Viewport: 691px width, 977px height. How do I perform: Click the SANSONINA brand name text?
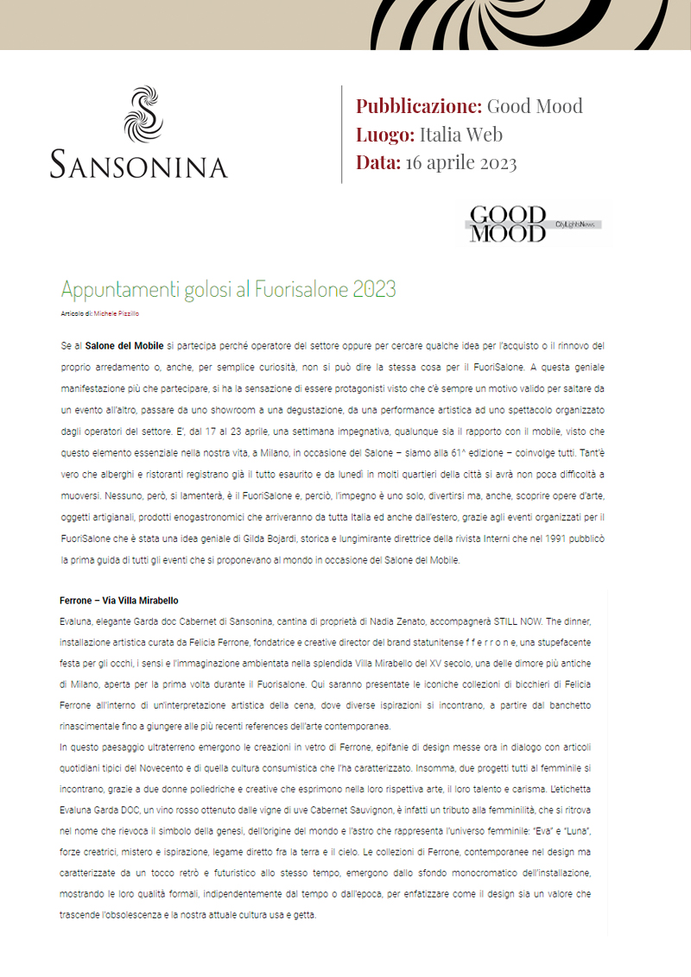pos(138,163)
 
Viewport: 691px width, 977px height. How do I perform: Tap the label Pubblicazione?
pos(419,106)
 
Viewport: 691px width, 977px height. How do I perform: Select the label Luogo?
pos(385,135)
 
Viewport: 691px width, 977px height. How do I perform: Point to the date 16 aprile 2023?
pos(460,162)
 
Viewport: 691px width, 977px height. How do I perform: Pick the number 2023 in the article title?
pos(374,289)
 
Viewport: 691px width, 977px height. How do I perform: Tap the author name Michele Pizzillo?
pos(117,313)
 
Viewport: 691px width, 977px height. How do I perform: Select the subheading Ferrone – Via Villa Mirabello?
pos(119,601)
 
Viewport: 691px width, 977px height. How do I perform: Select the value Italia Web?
pos(460,135)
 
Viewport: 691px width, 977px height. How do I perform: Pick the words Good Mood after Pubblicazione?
pos(535,106)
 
